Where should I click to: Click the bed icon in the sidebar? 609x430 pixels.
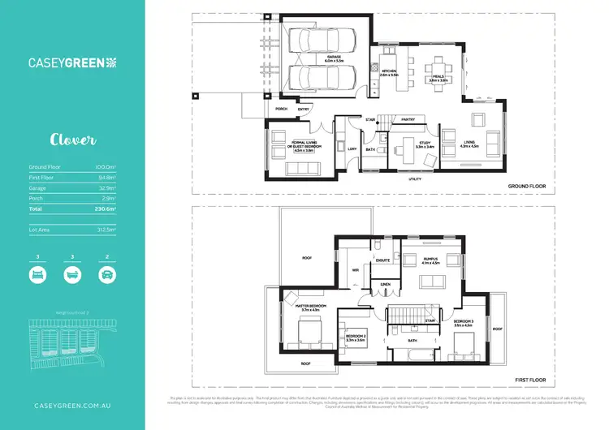click(37, 273)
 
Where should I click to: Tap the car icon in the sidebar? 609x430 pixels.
click(106, 273)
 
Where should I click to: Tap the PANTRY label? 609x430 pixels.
click(408, 119)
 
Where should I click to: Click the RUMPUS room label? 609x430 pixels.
click(430, 261)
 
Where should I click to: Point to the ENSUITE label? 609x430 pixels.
click(384, 260)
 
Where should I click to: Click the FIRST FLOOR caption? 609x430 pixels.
click(530, 380)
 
